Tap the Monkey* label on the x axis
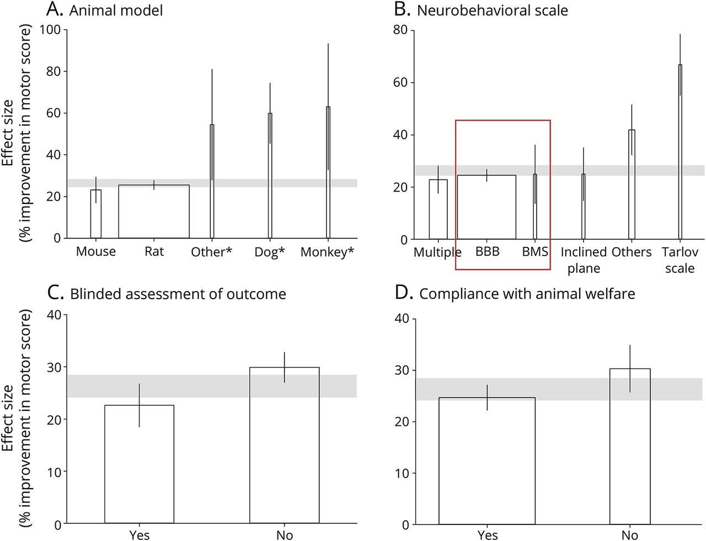coord(327,252)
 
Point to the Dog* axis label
coord(270,252)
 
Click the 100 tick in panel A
coord(50,29)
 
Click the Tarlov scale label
coord(680,260)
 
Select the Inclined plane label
coord(584,260)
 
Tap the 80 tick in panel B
coord(400,30)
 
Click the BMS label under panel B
coord(535,252)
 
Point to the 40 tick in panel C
coord(54,315)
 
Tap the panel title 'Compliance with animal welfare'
coord(527,294)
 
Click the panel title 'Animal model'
coord(116,10)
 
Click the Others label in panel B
coord(632,252)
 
